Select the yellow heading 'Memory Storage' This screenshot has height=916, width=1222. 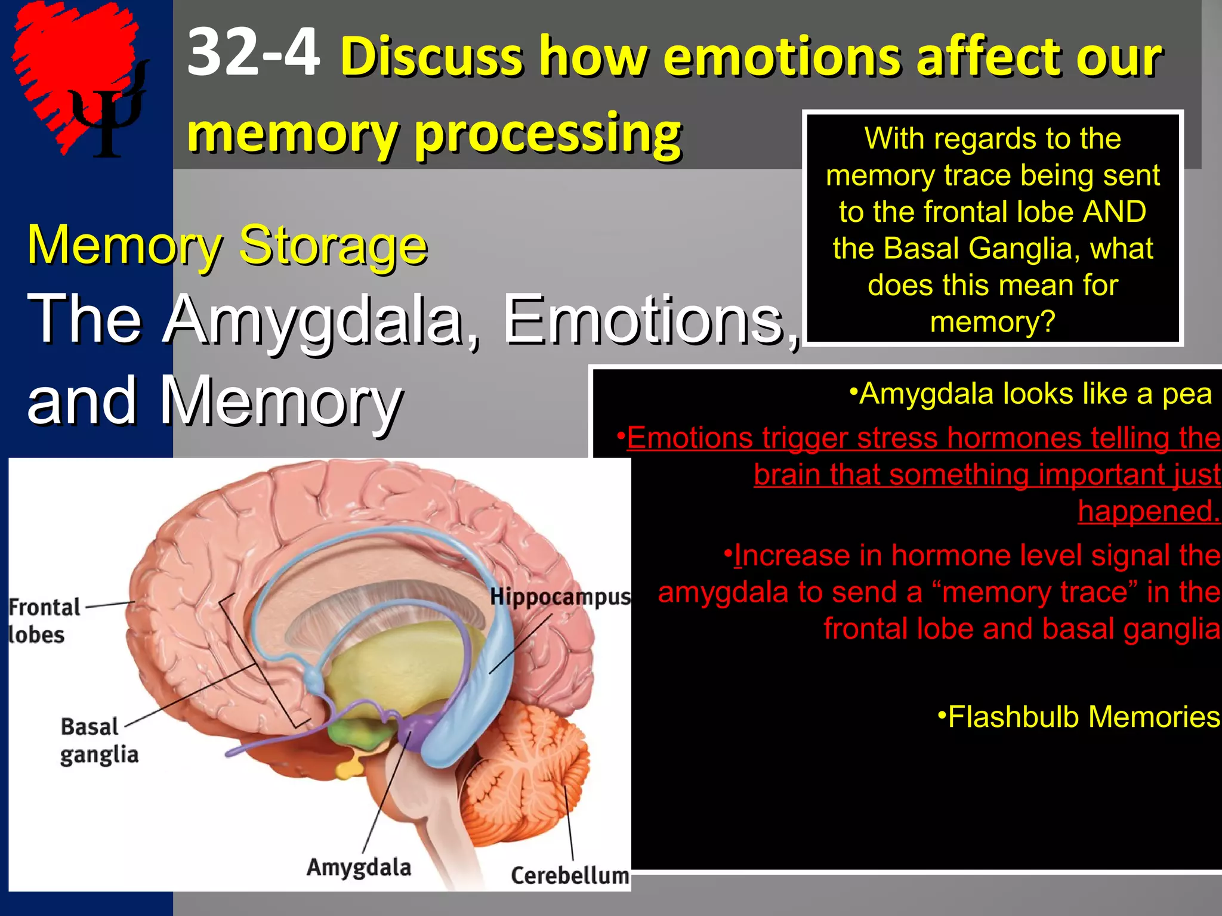pos(227,245)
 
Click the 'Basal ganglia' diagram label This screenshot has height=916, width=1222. pos(98,740)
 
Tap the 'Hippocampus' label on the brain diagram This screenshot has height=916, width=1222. pos(560,597)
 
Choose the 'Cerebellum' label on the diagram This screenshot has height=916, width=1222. pos(570,875)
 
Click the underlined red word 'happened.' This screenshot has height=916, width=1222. pos(1149,511)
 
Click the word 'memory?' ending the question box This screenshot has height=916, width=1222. pos(992,322)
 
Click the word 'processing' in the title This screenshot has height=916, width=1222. pos(547,134)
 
